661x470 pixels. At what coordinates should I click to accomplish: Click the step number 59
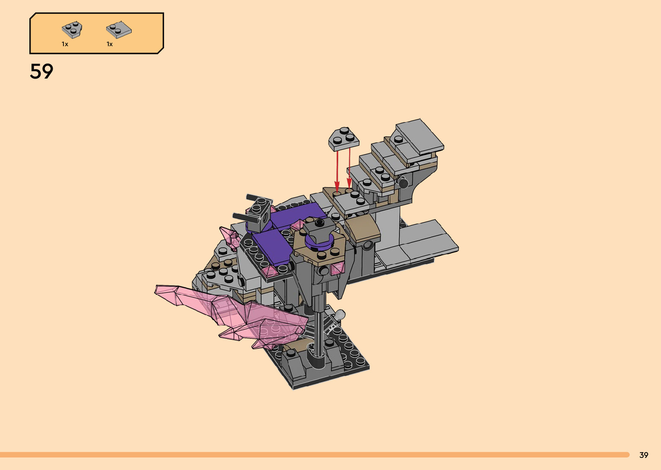click(x=41, y=71)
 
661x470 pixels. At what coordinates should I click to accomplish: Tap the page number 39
click(x=644, y=455)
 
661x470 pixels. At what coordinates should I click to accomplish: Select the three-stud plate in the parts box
click(x=72, y=30)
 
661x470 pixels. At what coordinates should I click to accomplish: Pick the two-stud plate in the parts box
click(x=119, y=29)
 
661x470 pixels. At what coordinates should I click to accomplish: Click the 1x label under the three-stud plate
click(x=65, y=44)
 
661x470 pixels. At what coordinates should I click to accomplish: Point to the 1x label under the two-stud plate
click(x=110, y=44)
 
